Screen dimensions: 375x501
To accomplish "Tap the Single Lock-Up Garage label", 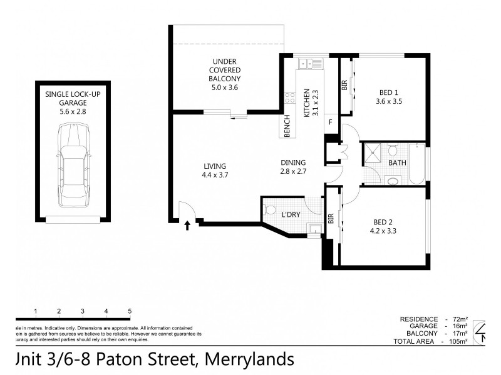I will (x=73, y=102).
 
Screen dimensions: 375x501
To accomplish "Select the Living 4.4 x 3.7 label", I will (x=214, y=170).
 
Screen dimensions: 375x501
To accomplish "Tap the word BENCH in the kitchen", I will (x=287, y=126).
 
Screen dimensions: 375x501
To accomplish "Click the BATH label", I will (x=397, y=163).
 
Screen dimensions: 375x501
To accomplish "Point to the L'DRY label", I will (x=291, y=214).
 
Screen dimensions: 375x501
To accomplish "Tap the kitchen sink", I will (x=310, y=63).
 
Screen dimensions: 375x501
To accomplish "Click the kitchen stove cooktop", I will (x=290, y=97).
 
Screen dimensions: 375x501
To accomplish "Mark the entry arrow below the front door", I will (x=187, y=226).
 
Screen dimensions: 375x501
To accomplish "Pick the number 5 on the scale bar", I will (x=130, y=311).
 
